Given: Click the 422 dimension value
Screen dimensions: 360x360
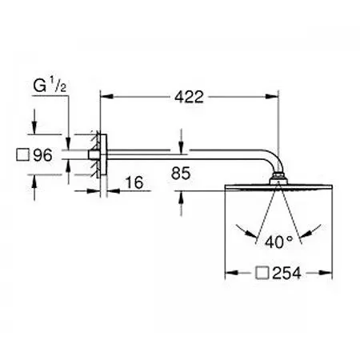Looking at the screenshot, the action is (x=189, y=97).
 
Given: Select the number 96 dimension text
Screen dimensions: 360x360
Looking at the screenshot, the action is (x=42, y=155).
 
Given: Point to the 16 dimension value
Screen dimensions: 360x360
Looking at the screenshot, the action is (x=134, y=182).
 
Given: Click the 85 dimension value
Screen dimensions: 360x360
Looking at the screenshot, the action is (x=181, y=173).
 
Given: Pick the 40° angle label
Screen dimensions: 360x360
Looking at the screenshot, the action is (x=278, y=242).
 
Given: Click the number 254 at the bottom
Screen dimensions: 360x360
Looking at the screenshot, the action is (x=286, y=273).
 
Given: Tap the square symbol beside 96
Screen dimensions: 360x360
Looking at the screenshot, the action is (x=22, y=155).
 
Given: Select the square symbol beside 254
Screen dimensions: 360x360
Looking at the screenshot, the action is (x=262, y=273).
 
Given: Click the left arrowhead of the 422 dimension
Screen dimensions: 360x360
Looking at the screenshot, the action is (x=106, y=97).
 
